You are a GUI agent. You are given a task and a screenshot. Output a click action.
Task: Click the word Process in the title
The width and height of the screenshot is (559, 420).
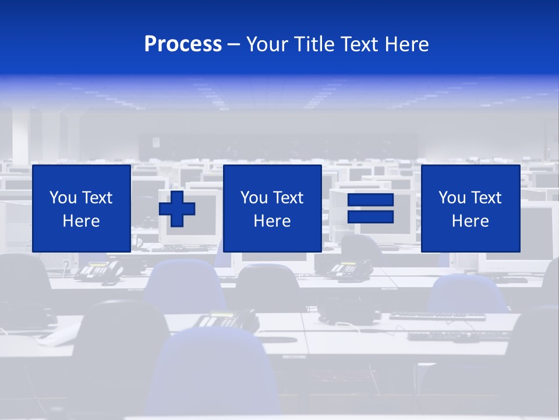tap(183, 44)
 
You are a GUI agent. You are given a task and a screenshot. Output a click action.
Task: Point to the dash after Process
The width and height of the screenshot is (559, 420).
tap(234, 45)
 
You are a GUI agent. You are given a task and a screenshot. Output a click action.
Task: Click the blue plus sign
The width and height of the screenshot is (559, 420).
tap(177, 208)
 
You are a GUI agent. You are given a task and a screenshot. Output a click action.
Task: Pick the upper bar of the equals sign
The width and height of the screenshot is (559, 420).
tap(370, 201)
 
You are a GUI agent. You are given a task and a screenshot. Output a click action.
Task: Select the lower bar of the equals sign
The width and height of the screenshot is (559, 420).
tap(370, 216)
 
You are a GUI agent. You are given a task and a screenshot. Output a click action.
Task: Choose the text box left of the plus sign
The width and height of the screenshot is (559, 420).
tap(81, 208)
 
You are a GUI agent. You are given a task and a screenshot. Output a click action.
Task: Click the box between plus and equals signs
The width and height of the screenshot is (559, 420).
tap(272, 208)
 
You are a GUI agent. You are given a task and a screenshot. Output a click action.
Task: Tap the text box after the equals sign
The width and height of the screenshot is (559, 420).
tap(470, 208)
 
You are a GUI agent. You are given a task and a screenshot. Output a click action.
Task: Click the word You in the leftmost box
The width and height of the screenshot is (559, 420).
tap(62, 198)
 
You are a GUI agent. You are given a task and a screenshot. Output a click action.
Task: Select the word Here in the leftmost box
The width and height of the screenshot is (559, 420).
tap(81, 221)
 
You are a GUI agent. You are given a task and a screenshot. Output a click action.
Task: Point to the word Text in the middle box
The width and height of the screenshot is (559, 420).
tap(287, 198)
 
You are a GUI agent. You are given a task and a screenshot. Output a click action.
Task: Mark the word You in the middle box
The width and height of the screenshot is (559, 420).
tap(253, 198)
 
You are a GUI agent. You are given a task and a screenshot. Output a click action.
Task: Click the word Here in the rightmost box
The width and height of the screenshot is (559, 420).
tap(470, 221)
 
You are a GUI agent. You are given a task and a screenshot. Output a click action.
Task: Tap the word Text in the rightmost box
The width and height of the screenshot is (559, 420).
tap(485, 198)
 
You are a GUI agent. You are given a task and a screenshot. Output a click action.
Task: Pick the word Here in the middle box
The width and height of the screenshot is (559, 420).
tap(272, 221)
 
